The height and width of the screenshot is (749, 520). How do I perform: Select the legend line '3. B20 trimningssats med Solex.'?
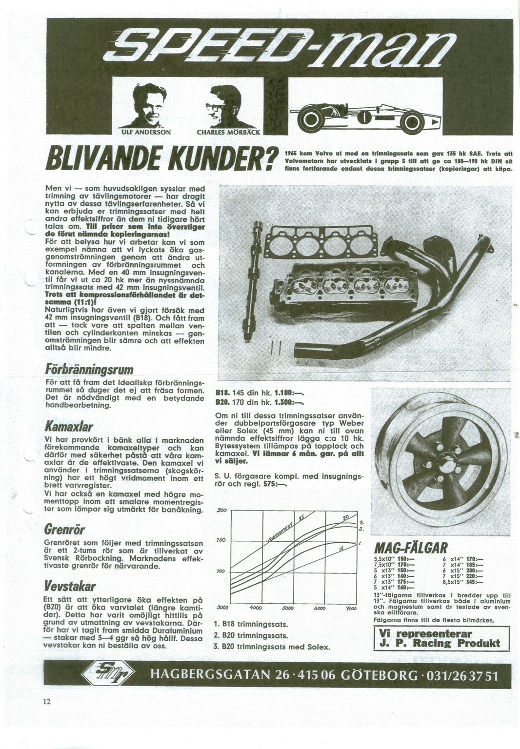pyautogui.click(x=272, y=647)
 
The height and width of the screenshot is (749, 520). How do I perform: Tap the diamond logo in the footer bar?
pyautogui.click(x=111, y=675)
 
